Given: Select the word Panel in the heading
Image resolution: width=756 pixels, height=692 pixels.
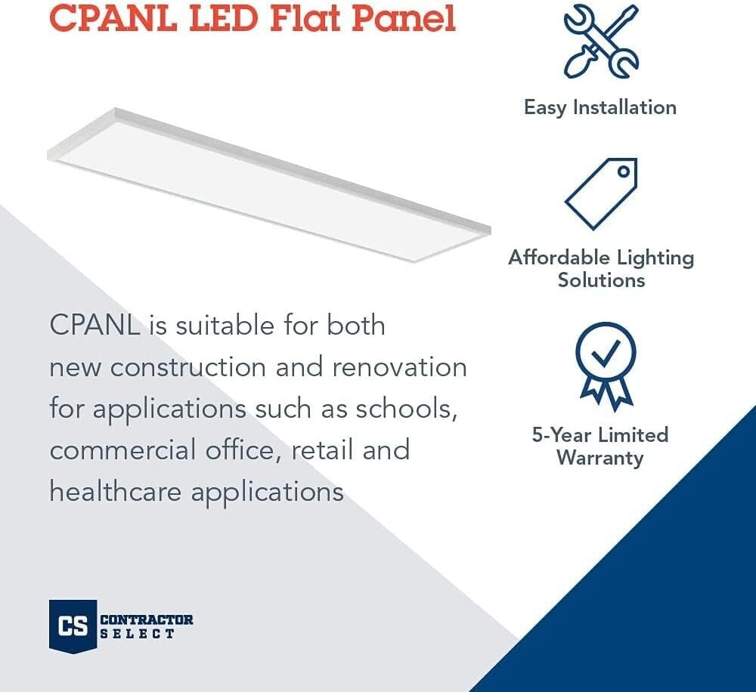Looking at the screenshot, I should [401, 17].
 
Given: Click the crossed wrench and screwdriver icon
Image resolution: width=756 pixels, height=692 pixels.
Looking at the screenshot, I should [601, 41].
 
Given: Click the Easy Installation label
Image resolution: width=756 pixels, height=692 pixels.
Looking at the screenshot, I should [600, 107].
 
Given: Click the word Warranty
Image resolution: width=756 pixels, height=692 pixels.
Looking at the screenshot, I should [600, 458].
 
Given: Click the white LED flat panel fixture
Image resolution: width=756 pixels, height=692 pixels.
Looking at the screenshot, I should [268, 185].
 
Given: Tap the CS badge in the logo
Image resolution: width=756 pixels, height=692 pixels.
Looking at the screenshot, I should [73, 626].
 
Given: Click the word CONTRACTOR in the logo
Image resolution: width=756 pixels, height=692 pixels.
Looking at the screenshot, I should [147, 620].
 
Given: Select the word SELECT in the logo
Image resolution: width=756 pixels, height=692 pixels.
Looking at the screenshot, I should [138, 634].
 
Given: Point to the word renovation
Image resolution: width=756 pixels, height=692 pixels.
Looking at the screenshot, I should [400, 367].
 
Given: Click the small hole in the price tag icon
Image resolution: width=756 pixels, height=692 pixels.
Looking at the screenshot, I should [623, 171].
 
